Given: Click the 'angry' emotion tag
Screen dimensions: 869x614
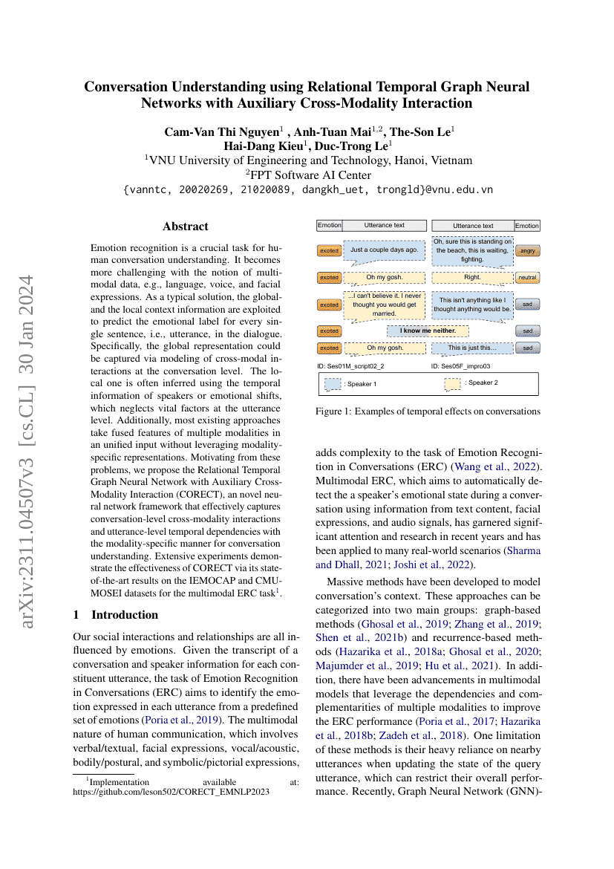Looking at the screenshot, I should tap(527, 251).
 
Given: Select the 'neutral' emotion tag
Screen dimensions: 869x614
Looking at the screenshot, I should tap(527, 278).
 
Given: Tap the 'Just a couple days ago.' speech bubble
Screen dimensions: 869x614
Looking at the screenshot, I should tap(384, 250).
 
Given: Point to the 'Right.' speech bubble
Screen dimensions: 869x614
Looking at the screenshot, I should tap(472, 278).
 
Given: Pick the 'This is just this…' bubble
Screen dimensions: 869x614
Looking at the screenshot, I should tap(472, 348).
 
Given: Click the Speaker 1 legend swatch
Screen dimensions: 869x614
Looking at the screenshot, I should tap(333, 384).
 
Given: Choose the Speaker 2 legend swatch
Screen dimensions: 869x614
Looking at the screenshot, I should tap(452, 383).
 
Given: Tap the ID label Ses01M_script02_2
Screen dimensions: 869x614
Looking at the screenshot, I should tap(350, 366).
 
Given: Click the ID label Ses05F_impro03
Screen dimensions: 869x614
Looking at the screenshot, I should tap(460, 366).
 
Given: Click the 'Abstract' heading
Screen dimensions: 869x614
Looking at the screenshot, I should tap(186, 227).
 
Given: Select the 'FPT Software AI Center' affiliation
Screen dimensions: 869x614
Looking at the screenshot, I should tap(307, 175).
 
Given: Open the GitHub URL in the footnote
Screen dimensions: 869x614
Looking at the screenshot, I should tap(171, 792).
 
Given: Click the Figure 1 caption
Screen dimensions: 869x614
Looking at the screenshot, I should tap(428, 411).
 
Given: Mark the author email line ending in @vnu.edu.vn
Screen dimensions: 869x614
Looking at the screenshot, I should tap(307, 189).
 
